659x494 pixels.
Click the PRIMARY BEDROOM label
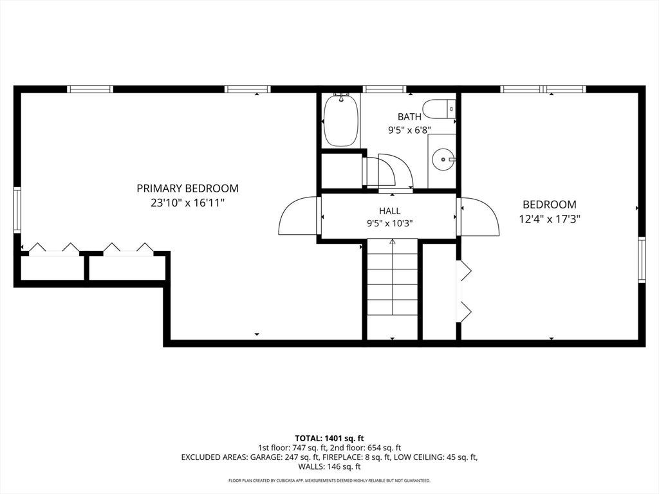187,188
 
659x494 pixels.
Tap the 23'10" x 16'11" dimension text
187,203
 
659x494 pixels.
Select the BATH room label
409,116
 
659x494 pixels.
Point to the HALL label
389,211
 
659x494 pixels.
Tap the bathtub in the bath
341,120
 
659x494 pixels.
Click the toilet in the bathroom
439,109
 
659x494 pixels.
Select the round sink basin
443,160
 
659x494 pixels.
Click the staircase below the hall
393,289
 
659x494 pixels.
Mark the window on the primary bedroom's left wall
17,210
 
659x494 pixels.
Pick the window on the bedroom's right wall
642,260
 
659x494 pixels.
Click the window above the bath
385,89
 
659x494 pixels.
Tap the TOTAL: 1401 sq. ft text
329,439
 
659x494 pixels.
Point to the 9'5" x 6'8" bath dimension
409,130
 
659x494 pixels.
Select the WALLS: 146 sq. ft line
329,466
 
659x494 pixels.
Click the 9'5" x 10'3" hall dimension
389,223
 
